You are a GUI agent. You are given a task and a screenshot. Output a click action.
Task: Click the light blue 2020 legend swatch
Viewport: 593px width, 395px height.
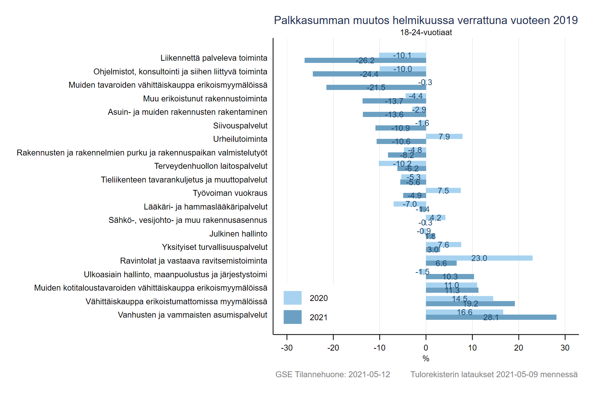click(292, 298)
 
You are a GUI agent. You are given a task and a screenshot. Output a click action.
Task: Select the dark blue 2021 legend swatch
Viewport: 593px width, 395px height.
click(292, 317)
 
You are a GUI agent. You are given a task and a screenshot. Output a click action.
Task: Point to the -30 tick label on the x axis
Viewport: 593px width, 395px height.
click(287, 348)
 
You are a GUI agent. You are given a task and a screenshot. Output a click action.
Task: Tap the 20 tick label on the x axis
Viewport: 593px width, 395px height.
click(519, 348)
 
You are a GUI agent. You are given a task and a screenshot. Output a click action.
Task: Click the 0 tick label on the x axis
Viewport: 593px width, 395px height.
click(426, 348)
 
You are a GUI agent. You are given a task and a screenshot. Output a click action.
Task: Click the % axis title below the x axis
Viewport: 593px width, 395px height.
click(426, 358)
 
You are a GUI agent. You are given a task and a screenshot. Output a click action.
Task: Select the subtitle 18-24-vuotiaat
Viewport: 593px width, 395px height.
click(426, 33)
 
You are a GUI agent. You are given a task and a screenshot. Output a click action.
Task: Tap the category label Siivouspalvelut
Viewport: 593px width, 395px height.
click(240, 126)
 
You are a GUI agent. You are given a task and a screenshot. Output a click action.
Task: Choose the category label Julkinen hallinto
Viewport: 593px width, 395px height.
click(238, 234)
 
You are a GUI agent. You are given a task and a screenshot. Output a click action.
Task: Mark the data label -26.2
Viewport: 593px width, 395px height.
click(365, 61)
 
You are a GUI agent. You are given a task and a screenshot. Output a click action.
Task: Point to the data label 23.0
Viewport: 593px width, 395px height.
click(479, 258)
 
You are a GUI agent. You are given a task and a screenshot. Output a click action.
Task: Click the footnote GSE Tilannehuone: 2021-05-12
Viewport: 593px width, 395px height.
click(332, 374)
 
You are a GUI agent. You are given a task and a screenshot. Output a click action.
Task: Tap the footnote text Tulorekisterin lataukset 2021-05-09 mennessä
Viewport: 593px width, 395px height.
click(494, 374)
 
